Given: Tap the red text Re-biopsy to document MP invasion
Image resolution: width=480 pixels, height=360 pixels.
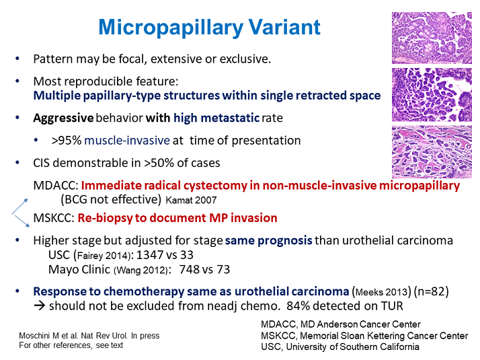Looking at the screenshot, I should coord(177,219).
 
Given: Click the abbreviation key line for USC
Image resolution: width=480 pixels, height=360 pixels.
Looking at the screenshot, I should coord(339,347).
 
